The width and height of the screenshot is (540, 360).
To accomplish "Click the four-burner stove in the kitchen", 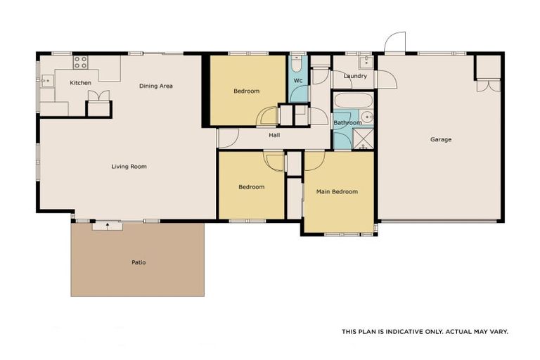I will point(80,62).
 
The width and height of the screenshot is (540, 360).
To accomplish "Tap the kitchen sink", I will point(46,81).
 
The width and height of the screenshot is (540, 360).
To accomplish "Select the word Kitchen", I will point(80,83).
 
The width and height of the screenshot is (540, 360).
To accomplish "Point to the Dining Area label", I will point(155,86).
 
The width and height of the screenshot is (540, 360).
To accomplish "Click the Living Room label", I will point(129,167).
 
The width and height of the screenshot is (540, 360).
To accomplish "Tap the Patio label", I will point(139,262).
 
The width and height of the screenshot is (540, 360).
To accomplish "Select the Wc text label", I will point(298,81).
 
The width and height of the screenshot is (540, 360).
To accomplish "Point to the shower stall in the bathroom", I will point(364,139).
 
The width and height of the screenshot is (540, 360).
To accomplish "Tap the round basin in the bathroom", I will point(366,117).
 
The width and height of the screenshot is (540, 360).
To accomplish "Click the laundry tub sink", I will point(364,61).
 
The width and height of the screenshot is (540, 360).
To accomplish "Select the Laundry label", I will point(355,76).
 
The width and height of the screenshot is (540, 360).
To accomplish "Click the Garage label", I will point(441,139).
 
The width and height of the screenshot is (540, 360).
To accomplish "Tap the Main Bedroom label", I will point(337,191).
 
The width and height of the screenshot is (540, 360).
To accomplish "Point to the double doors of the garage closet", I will point(488,86).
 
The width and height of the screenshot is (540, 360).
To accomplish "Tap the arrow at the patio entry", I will point(108,225).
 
